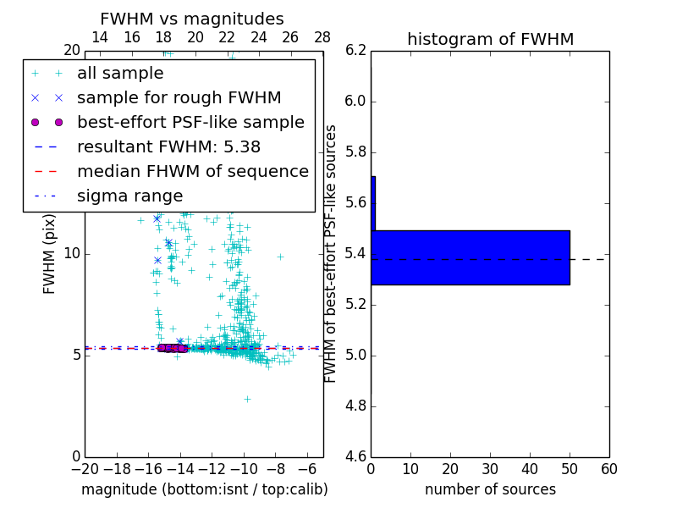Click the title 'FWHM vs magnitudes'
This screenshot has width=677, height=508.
[x=192, y=19]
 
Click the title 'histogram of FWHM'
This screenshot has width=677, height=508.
[x=490, y=39]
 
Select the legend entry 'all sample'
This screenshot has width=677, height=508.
[x=120, y=74]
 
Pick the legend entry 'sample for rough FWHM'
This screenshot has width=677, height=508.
[x=179, y=97]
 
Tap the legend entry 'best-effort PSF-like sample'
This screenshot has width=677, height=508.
[x=190, y=122]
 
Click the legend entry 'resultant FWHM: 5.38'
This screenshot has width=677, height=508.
[x=168, y=146]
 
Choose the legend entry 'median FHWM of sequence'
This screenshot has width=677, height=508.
[x=192, y=171]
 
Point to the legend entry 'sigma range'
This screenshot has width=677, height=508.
[x=129, y=196]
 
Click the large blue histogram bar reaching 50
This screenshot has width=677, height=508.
[x=471, y=257]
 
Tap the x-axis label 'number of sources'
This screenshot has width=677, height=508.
[x=490, y=489]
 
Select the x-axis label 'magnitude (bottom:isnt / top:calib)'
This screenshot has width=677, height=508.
[x=204, y=489]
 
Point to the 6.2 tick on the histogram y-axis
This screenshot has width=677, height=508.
[x=355, y=50]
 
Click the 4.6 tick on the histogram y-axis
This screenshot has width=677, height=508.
[x=355, y=456]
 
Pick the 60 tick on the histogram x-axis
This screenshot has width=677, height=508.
[x=608, y=469]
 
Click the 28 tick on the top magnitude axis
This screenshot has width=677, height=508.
[x=322, y=37]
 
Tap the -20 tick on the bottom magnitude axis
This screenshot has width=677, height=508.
[x=85, y=469]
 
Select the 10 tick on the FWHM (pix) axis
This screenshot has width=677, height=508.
[x=70, y=253]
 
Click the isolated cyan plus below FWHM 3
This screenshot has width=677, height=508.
[x=247, y=399]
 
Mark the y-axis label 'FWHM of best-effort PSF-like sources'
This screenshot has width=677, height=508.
[x=332, y=253]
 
